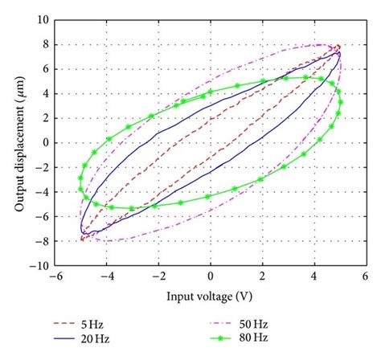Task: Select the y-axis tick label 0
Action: (44, 142)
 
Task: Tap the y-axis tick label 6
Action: (44, 68)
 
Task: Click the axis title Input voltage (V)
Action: (211, 296)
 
